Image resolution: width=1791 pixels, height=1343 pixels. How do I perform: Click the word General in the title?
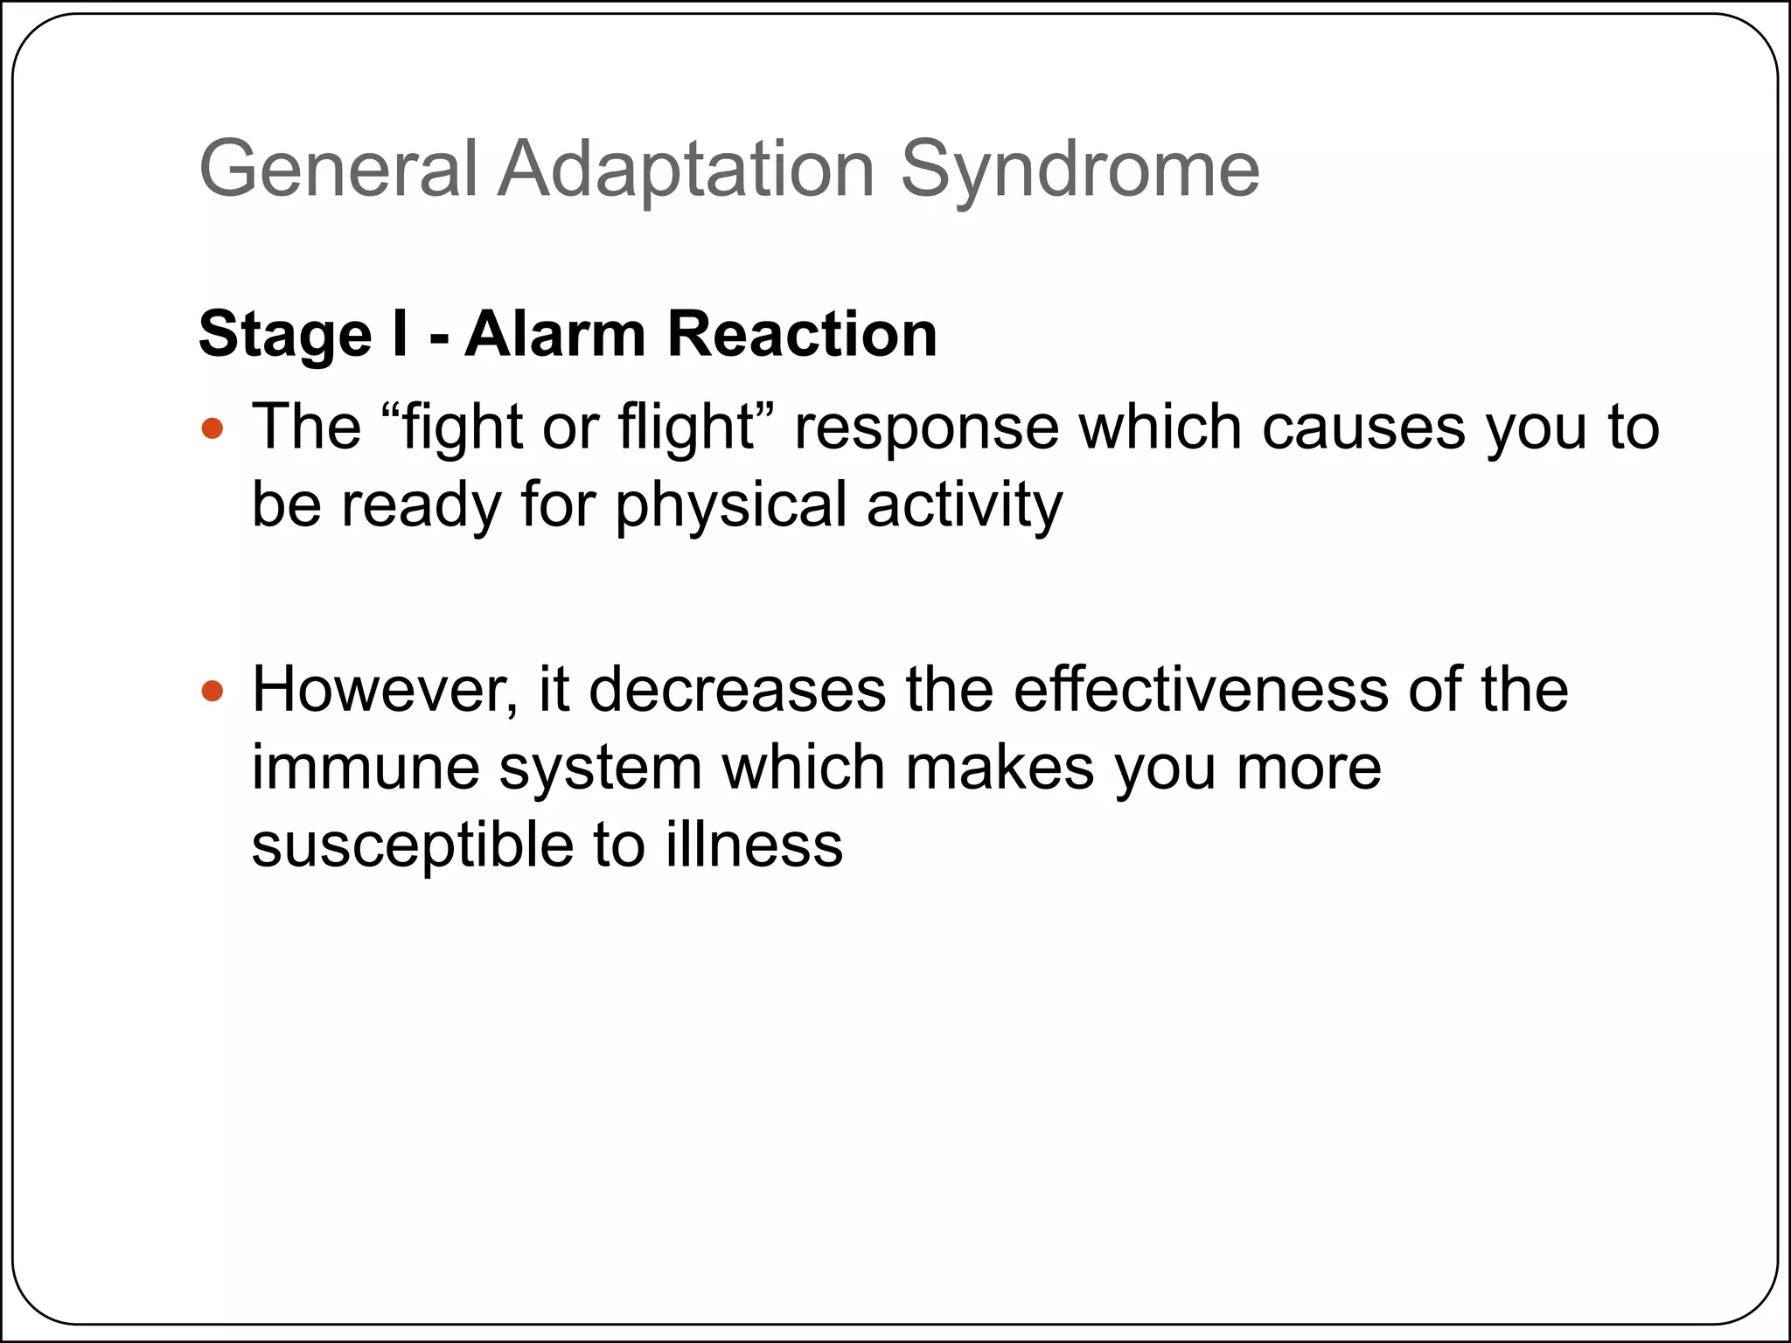coord(338,169)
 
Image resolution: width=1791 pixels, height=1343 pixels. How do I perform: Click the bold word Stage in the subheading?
coord(285,334)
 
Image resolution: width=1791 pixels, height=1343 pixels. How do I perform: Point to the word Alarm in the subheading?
coord(554,334)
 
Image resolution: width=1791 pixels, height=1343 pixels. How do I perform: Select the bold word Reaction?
coord(802,334)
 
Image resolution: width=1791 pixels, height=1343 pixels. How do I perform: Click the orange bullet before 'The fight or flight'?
coord(213,429)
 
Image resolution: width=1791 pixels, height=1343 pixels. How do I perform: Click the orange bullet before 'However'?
coord(213,692)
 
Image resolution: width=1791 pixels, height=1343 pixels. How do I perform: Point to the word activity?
coord(965,505)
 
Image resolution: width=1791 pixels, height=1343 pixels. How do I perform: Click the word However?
coord(385,690)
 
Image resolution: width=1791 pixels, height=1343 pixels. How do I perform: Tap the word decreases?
coord(737,690)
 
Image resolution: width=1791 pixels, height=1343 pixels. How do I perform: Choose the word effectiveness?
coord(1201,690)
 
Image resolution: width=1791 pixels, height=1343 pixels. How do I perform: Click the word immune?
coord(366,768)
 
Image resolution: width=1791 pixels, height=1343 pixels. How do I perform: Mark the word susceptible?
coord(412,845)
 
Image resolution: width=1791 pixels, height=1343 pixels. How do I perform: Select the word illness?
coord(754,845)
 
